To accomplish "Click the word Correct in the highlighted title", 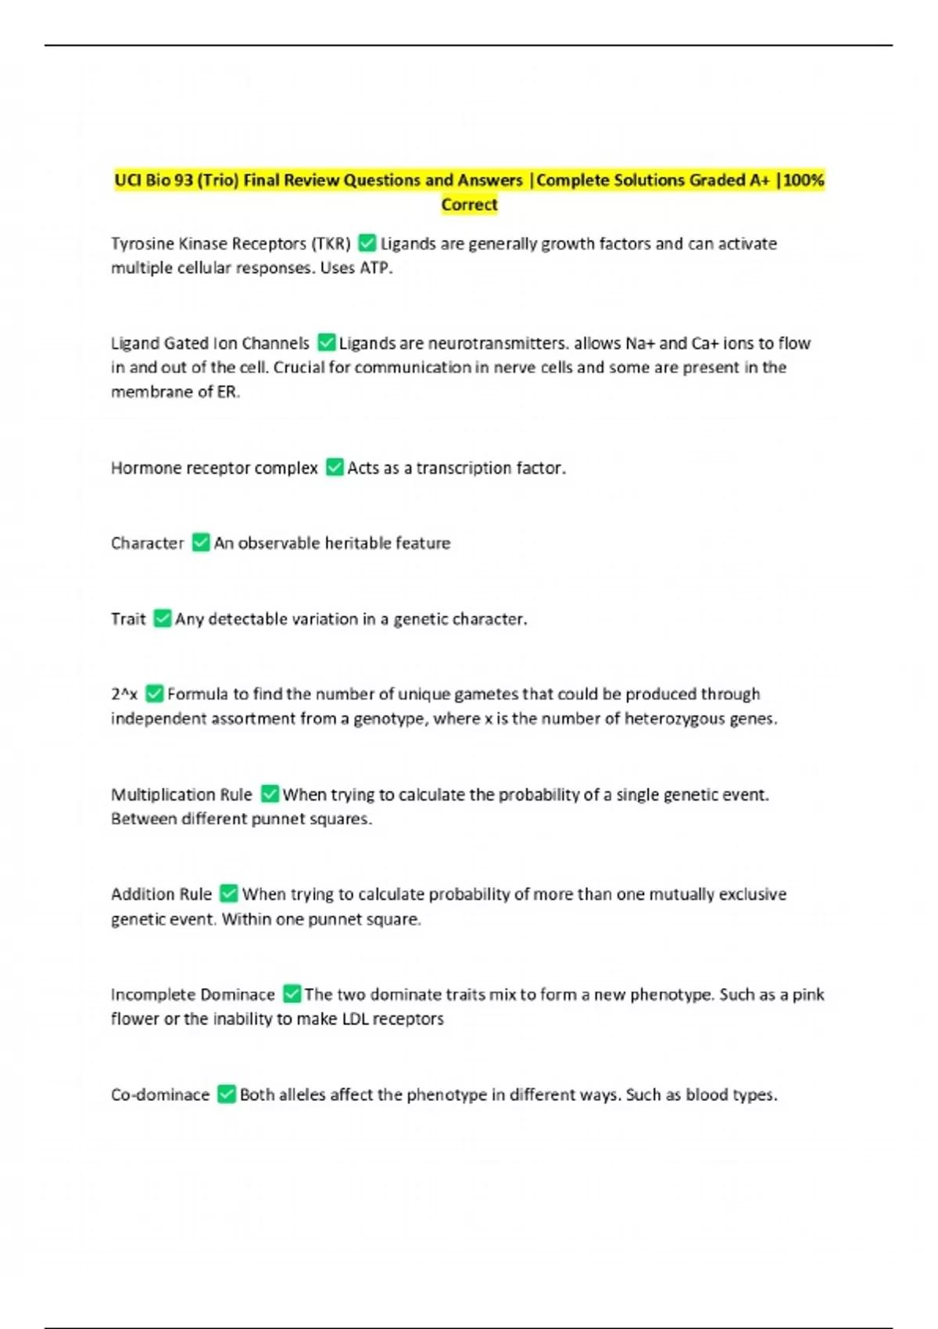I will [x=469, y=205].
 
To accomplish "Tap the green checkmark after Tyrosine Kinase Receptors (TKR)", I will [x=367, y=243].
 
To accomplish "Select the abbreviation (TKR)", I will [x=331, y=244].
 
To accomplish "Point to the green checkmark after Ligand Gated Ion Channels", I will [x=326, y=343].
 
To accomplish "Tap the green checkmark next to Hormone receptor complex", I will [x=335, y=467].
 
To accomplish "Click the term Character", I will [x=147, y=543].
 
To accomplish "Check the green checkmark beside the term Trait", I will [x=162, y=618].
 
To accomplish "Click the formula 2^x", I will [x=124, y=694].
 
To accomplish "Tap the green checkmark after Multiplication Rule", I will [x=270, y=794].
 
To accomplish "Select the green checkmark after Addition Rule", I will [x=228, y=894].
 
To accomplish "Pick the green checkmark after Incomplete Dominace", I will [x=292, y=994].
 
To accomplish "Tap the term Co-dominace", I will [x=159, y=1095].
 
